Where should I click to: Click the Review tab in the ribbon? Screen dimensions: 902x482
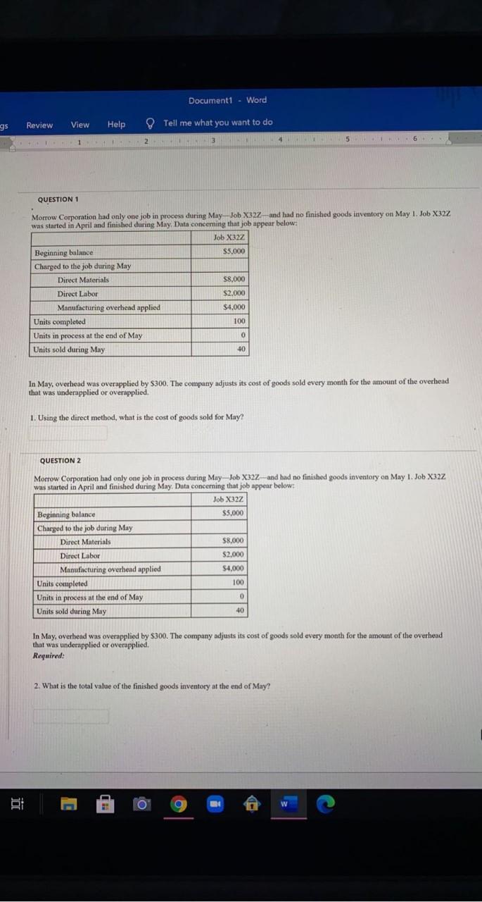click(39, 125)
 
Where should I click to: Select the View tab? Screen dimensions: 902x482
click(80, 125)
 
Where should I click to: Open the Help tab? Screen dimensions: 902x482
click(117, 125)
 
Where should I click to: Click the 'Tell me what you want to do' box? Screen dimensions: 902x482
click(217, 123)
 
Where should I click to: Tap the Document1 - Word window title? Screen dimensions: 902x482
click(227, 100)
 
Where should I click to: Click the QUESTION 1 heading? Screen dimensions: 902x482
click(62, 199)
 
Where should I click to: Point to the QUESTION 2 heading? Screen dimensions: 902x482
click(61, 461)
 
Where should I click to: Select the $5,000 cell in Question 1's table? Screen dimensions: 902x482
click(233, 252)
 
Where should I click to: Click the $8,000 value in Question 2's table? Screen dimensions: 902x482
click(233, 541)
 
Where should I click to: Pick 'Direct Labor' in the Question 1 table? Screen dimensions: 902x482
click(77, 294)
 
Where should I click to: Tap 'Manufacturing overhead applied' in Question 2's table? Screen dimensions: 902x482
click(110, 569)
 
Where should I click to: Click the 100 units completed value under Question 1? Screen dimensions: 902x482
click(239, 321)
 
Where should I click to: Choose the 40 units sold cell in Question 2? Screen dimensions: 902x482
click(240, 611)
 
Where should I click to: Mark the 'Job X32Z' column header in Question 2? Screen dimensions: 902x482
click(229, 500)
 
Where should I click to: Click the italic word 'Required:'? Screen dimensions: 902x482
click(49, 655)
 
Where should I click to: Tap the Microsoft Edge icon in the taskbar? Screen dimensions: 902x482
click(326, 804)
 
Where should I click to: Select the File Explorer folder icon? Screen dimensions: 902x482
click(68, 805)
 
